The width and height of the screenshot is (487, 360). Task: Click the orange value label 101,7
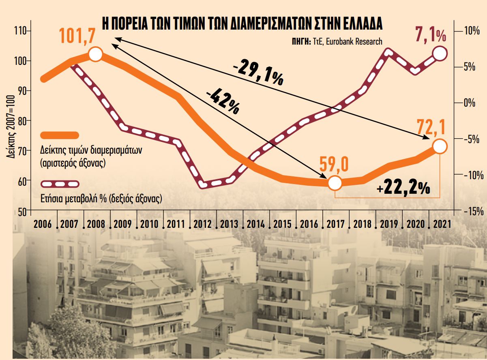(77, 36)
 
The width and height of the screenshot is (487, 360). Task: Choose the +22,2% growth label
(403, 188)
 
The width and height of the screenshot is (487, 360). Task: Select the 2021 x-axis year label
(442, 224)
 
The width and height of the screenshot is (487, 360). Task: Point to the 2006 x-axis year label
(43, 224)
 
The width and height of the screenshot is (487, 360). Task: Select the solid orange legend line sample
(60, 135)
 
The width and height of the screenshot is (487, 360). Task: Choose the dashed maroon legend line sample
(60, 184)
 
